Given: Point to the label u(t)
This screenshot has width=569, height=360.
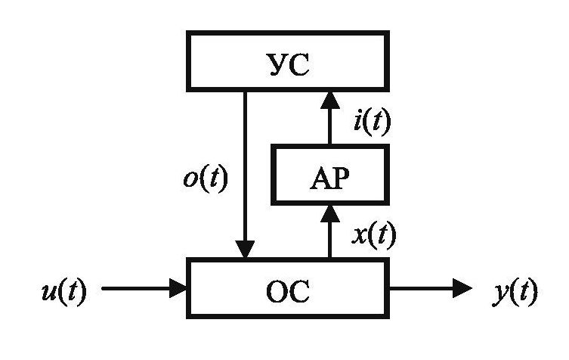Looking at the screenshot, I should click(63, 290).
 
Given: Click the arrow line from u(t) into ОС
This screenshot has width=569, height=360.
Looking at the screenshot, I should click(136, 288).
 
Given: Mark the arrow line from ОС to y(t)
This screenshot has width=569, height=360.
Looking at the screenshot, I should click(423, 288).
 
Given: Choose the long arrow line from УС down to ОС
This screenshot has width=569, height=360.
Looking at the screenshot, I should click(245, 166).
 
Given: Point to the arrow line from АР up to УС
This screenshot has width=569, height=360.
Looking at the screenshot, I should click(329, 125).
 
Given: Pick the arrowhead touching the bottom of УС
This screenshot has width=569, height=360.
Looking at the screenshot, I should click(329, 98).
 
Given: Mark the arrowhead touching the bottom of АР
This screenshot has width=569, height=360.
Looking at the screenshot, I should click(329, 213).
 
